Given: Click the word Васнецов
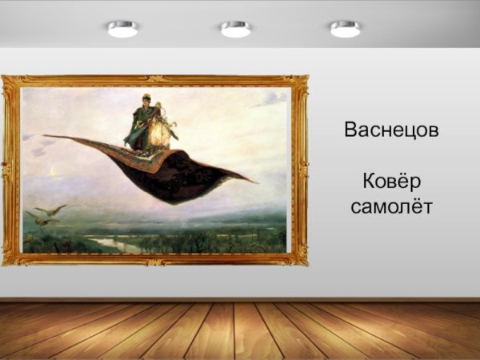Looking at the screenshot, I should pyautogui.click(x=391, y=130).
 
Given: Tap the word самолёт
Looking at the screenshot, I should pyautogui.click(x=391, y=206).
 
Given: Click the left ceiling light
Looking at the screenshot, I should pyautogui.click(x=122, y=29).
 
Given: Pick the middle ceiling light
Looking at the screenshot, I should pyautogui.click(x=236, y=29).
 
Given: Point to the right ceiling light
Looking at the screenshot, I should pyautogui.click(x=345, y=29).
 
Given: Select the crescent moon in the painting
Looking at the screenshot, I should pyautogui.click(x=53, y=171).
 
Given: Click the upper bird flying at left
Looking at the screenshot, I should pyautogui.click(x=51, y=210).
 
